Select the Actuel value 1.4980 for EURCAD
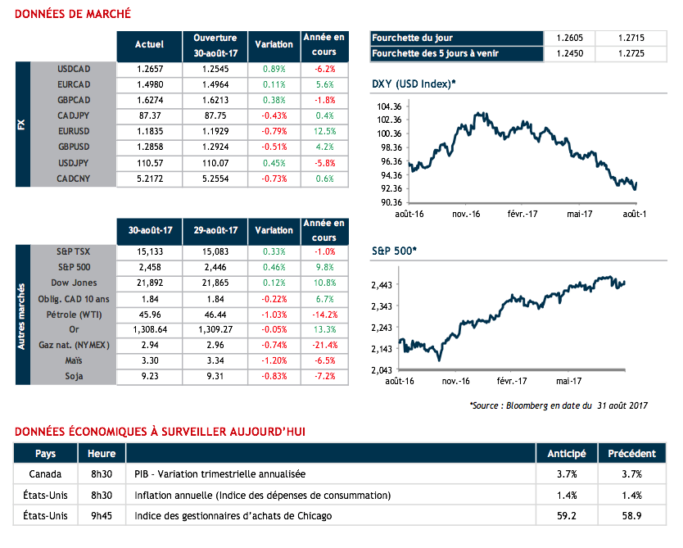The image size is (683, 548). [149, 84]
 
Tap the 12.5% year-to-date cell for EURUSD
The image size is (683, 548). [325, 131]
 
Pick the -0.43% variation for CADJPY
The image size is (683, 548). [274, 115]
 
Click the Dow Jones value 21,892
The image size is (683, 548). [149, 283]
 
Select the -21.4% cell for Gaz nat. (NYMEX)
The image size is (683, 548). [325, 346]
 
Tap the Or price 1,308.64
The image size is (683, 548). [149, 330]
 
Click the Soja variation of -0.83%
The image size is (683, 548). [274, 377]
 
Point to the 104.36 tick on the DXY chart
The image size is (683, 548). [386, 106]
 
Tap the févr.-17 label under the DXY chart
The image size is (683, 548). [521, 213]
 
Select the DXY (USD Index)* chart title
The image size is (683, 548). [414, 84]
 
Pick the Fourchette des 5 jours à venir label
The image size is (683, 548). [435, 54]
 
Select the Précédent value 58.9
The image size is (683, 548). [631, 516]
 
